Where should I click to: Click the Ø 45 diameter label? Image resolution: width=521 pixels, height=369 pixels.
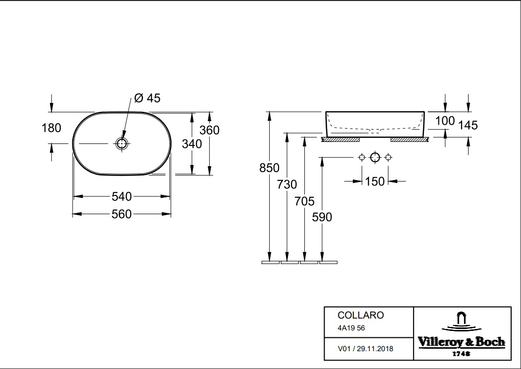tap(147, 98)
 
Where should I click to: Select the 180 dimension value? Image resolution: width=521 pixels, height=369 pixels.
tap(51, 128)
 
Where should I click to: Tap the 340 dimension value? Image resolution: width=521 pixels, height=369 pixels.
tap(192, 144)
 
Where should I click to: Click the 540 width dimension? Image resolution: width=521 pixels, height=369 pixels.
tap(122, 196)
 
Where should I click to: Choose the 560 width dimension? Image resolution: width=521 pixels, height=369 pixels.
tap(122, 214)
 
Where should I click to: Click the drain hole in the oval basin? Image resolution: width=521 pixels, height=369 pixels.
tap(122, 144)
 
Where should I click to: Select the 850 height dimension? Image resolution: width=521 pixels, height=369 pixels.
tap(270, 168)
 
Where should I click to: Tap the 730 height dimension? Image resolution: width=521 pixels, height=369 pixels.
tap(287, 184)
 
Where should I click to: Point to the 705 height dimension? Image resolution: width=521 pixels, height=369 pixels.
tap(305, 201)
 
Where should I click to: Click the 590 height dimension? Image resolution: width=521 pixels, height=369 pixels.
tap(322, 217)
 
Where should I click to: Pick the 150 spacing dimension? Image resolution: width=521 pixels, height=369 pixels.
tap(375, 182)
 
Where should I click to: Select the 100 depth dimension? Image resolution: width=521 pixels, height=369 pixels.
tap(445, 120)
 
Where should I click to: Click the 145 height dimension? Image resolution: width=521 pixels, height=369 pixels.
tap(468, 125)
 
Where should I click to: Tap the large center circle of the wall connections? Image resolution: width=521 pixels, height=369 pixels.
tap(375, 158)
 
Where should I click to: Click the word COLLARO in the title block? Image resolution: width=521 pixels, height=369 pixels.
tap(353, 315)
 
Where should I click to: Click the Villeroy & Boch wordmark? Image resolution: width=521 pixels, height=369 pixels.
tap(461, 342)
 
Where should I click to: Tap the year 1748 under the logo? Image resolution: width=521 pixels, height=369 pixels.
tap(461, 354)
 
